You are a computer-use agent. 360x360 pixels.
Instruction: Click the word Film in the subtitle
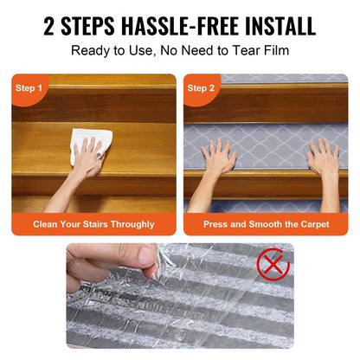[x=272, y=51]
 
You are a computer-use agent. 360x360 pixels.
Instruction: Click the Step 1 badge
[x=31, y=87]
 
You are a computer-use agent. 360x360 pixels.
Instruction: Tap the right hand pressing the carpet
[x=322, y=158]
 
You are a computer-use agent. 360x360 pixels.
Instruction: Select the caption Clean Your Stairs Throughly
[x=93, y=224]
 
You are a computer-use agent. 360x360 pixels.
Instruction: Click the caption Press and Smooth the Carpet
[x=266, y=224]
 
